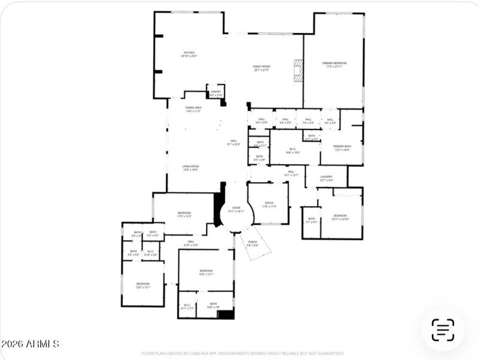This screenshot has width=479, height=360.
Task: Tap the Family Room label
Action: pyautogui.click(x=261, y=68)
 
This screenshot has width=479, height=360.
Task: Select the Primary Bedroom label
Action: pyautogui.click(x=334, y=65)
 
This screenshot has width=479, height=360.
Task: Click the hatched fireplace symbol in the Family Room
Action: pyautogui.click(x=298, y=70)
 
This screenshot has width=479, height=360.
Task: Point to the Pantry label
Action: pyautogui.click(x=216, y=93)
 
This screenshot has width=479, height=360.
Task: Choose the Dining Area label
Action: pyautogui.click(x=193, y=110)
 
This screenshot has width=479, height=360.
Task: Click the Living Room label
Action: pyautogui.click(x=190, y=168)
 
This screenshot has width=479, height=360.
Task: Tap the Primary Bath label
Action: pyautogui.click(x=342, y=148)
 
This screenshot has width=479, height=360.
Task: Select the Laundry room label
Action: pyautogui.click(x=326, y=178)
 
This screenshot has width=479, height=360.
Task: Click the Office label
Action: pyautogui.click(x=269, y=204)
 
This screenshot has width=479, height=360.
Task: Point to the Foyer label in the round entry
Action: pyautogui.click(x=236, y=209)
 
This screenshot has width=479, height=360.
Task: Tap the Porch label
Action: pyautogui.click(x=252, y=243)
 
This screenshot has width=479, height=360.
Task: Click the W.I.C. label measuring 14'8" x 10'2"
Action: pyautogui.click(x=293, y=151)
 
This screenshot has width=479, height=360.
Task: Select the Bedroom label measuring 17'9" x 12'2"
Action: pyautogui.click(x=184, y=214)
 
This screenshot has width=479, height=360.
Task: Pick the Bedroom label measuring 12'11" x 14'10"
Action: pyautogui.click(x=339, y=217)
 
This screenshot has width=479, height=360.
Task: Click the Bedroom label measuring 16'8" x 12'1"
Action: pyautogui.click(x=206, y=272)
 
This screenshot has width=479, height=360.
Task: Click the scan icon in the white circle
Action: pyautogui.click(x=442, y=329)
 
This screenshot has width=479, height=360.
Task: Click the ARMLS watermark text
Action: pyautogui.click(x=30, y=344)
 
